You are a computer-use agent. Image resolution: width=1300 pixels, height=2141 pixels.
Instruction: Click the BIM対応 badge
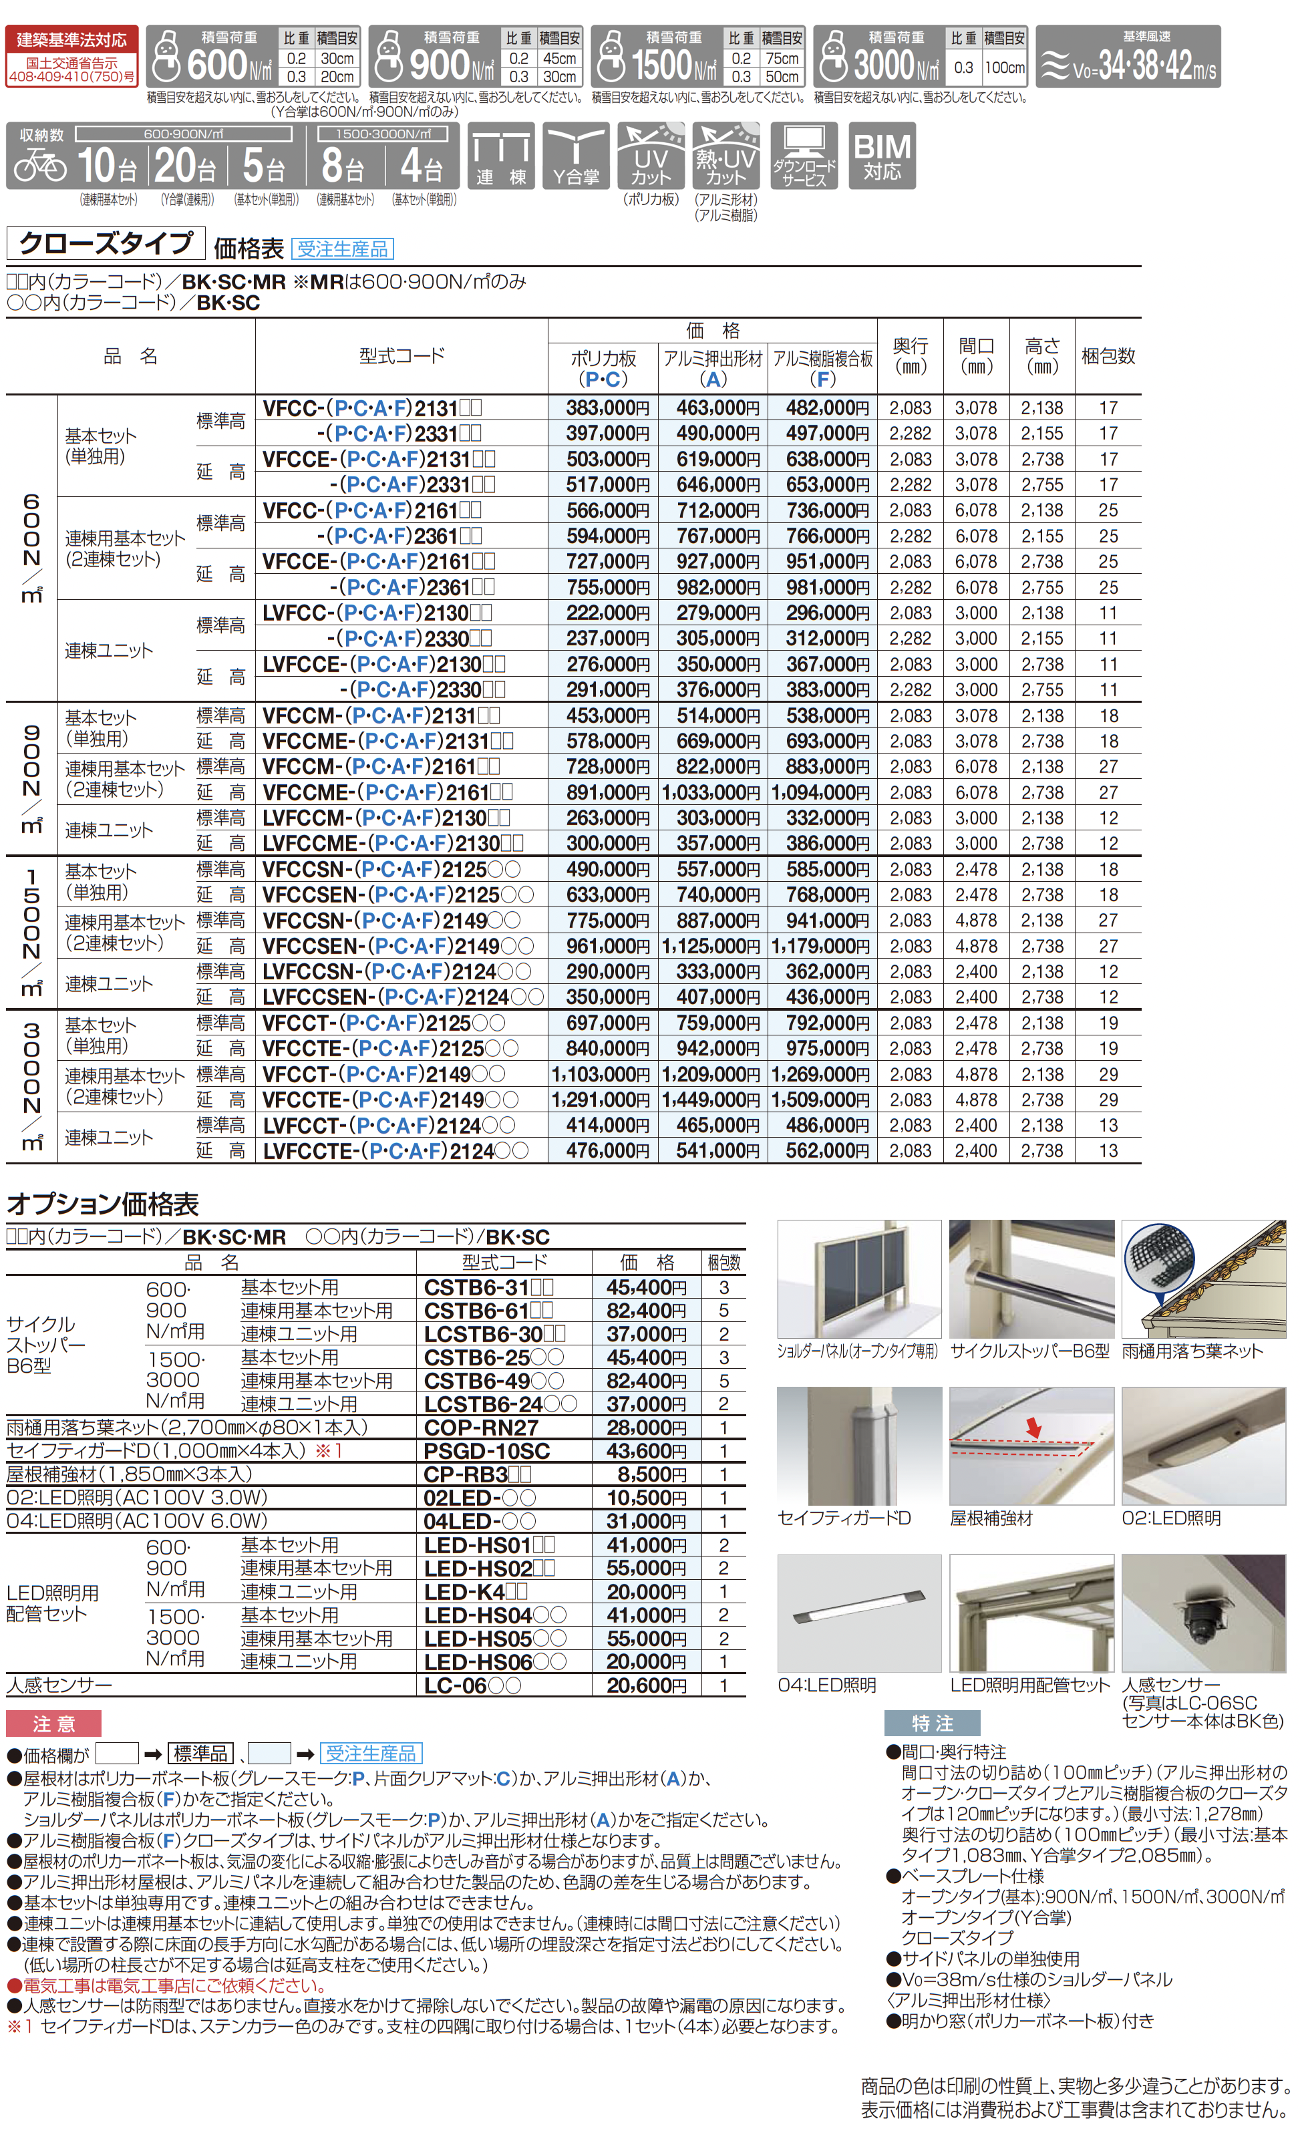[x=881, y=156]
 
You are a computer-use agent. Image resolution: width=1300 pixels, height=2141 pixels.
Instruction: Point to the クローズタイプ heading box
[x=106, y=243]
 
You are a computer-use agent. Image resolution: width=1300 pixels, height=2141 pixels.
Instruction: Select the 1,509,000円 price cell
[x=820, y=1100]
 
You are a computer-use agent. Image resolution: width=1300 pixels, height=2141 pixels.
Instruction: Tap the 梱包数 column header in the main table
[x=1108, y=356]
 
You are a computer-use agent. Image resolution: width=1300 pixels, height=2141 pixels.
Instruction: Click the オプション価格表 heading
[x=102, y=1204]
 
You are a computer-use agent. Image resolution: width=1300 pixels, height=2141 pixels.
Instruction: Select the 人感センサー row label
[x=59, y=1685]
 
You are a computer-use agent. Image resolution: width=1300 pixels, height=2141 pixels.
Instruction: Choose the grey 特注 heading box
[x=931, y=1722]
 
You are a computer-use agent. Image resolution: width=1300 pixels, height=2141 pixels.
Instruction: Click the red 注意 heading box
[x=54, y=1723]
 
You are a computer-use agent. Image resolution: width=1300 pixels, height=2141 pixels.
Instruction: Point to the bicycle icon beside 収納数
[x=40, y=164]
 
